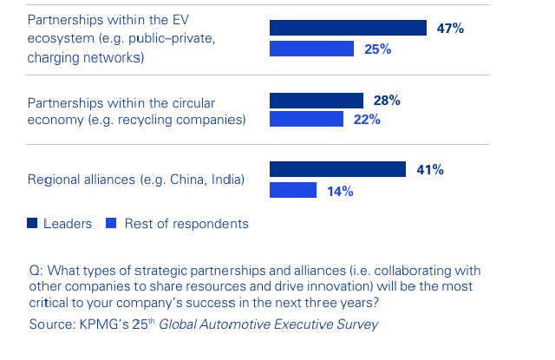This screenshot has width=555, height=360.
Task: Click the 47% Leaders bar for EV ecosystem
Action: click(348, 28)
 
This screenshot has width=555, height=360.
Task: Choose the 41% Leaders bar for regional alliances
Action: click(337, 170)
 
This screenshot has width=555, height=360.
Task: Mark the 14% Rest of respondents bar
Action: click(292, 190)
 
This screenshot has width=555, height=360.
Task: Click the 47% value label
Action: click(449, 29)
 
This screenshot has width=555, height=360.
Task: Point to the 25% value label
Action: click(378, 49)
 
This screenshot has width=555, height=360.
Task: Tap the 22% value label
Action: click(366, 120)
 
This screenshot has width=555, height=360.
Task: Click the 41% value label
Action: click(429, 170)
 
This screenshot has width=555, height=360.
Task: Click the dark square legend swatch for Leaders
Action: click(33, 224)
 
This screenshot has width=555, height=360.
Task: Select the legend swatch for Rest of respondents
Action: click(110, 224)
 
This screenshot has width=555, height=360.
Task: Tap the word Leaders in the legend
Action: click(68, 224)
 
